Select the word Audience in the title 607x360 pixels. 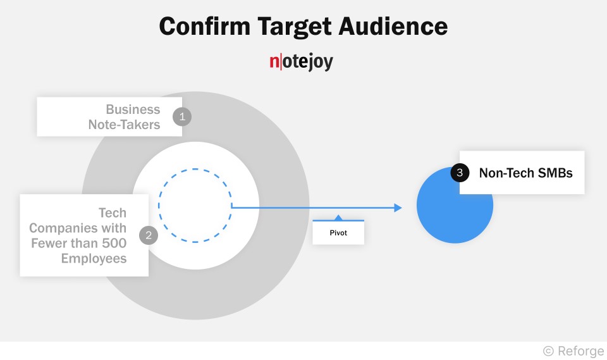(x=392, y=27)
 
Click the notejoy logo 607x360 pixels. (x=301, y=62)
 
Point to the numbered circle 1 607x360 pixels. (x=182, y=116)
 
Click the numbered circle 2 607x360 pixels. (x=149, y=235)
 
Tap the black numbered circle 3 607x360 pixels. (x=460, y=172)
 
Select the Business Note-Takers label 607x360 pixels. (x=125, y=117)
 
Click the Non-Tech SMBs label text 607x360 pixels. (x=525, y=172)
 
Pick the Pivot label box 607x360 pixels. (x=338, y=233)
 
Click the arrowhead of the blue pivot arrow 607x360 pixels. (x=398, y=208)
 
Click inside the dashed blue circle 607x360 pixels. (x=195, y=206)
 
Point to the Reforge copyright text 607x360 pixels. (x=573, y=351)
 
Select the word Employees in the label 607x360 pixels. (x=94, y=258)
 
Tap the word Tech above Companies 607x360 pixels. (x=113, y=213)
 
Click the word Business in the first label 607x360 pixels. (x=133, y=109)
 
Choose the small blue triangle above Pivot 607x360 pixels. (x=338, y=218)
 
